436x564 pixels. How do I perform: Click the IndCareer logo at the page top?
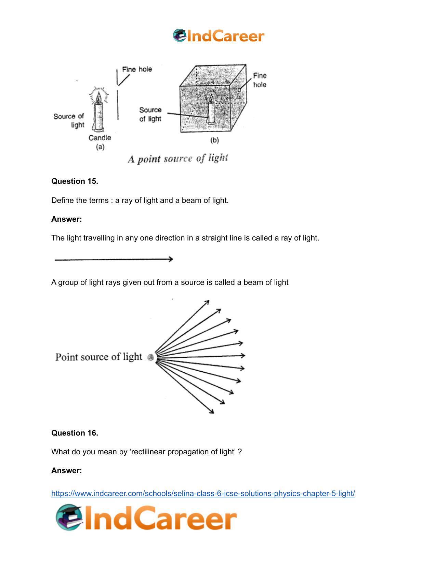218,36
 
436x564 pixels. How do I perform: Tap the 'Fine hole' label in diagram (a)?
137,69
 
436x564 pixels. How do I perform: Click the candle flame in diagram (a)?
99,98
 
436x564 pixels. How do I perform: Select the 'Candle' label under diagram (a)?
100,138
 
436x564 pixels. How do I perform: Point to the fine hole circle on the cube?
239,90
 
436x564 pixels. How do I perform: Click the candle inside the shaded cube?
211,110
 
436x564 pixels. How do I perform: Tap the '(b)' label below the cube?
214,140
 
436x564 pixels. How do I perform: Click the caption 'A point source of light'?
178,159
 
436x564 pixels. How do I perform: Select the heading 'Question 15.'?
75,181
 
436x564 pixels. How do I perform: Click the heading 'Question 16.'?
75,433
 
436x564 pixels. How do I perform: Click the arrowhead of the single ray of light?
171,259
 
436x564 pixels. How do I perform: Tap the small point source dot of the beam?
150,358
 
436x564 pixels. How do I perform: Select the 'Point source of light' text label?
99,357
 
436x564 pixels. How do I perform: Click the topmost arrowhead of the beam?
207,302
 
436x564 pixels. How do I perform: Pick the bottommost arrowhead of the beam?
212,412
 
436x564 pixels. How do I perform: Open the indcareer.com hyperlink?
203,493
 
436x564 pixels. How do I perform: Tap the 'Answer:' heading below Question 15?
67,219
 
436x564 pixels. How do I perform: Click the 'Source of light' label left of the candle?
69,121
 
